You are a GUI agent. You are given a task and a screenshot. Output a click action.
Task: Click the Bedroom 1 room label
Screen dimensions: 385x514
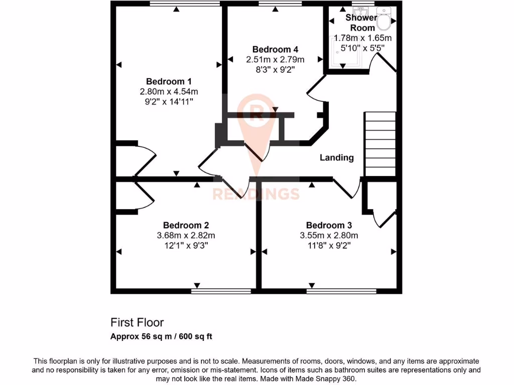(169, 81)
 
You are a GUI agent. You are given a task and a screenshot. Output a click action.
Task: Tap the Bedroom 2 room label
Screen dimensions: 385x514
(186, 226)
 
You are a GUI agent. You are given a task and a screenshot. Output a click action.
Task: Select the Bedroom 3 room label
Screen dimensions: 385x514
(329, 226)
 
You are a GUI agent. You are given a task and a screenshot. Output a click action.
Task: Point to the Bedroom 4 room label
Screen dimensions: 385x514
(275, 49)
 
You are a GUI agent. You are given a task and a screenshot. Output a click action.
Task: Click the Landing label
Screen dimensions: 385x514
(337, 157)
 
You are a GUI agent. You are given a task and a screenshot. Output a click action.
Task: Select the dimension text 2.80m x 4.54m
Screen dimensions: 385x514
(169, 92)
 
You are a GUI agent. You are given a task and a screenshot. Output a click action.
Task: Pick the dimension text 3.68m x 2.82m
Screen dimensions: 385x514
(186, 236)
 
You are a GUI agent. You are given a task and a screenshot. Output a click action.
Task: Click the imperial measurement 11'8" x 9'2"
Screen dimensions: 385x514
(329, 246)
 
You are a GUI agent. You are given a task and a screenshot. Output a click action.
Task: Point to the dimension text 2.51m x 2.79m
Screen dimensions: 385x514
(275, 60)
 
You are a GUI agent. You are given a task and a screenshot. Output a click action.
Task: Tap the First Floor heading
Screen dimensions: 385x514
(137, 322)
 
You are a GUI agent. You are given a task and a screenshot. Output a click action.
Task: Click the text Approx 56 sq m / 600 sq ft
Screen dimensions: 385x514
(161, 336)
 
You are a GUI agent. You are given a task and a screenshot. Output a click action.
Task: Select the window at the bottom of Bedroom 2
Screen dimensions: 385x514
(221, 290)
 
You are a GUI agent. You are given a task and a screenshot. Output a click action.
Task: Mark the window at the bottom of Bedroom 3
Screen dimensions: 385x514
(341, 290)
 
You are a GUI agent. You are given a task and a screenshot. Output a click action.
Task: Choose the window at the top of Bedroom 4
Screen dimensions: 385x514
(280, 4)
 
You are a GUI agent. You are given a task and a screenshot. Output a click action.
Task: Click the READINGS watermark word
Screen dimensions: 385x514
(256, 194)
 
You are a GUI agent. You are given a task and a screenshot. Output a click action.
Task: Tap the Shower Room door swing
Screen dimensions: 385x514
(383, 64)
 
